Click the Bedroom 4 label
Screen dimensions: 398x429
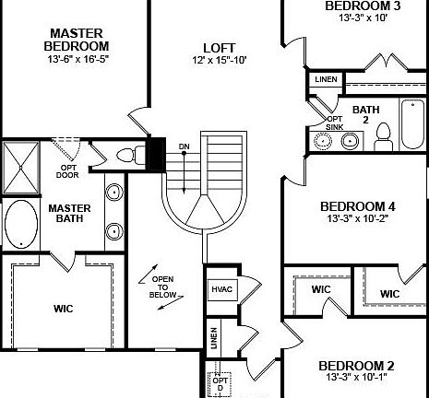[x=357, y=206]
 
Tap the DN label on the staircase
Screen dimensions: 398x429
[x=185, y=146]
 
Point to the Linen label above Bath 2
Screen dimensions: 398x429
[x=325, y=80]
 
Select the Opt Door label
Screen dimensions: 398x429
[x=67, y=170]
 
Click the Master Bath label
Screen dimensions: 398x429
[x=68, y=214]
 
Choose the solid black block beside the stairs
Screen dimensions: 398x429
[x=156, y=152]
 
